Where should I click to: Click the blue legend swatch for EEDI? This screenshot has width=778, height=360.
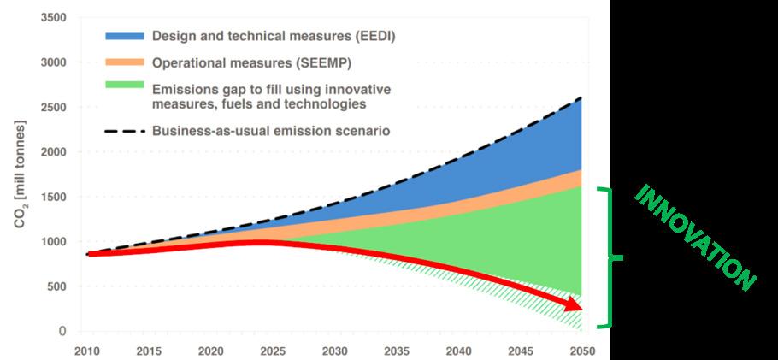click(123, 37)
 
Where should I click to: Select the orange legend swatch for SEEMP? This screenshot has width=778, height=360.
click(123, 62)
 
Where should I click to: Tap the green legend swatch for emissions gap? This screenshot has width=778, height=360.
click(123, 89)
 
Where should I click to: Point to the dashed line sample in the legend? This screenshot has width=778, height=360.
click(123, 131)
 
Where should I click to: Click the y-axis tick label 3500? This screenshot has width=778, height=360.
click(54, 18)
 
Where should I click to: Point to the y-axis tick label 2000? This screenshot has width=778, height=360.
click(54, 152)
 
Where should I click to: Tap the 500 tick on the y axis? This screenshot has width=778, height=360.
click(57, 286)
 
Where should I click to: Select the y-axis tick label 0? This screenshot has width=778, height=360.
click(62, 331)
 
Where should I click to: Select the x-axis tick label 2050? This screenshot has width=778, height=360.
click(581, 351)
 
